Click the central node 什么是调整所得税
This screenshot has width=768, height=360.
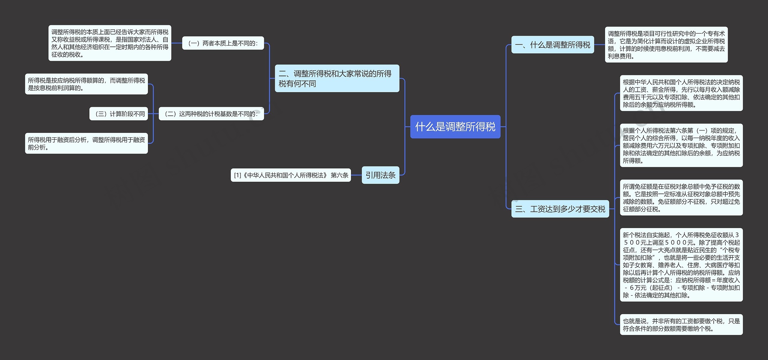(455, 127)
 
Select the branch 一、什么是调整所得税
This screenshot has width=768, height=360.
(552, 45)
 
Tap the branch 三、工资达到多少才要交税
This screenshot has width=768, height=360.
(560, 209)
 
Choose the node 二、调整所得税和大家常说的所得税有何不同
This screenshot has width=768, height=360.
(337, 78)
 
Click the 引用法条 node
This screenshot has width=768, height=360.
(380, 175)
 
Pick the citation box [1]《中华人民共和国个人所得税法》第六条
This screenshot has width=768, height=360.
(290, 175)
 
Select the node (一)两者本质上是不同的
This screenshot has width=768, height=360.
(223, 43)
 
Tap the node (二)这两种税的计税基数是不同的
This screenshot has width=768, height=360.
(211, 114)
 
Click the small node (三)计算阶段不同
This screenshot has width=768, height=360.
(118, 114)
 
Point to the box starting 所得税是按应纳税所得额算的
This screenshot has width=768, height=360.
(86, 84)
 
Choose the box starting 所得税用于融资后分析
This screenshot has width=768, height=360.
(86, 143)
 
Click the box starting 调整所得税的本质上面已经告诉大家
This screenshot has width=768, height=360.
(110, 43)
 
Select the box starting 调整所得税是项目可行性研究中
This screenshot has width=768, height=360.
(666, 45)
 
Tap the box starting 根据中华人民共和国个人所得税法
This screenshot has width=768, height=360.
(681, 93)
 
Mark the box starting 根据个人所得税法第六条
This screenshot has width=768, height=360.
(681, 145)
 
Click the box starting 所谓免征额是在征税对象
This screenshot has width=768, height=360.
(681, 198)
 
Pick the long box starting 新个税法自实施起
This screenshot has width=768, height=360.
(681, 265)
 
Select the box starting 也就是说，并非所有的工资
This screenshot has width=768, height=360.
(681, 325)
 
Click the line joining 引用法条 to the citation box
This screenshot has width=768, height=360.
(356, 175)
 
